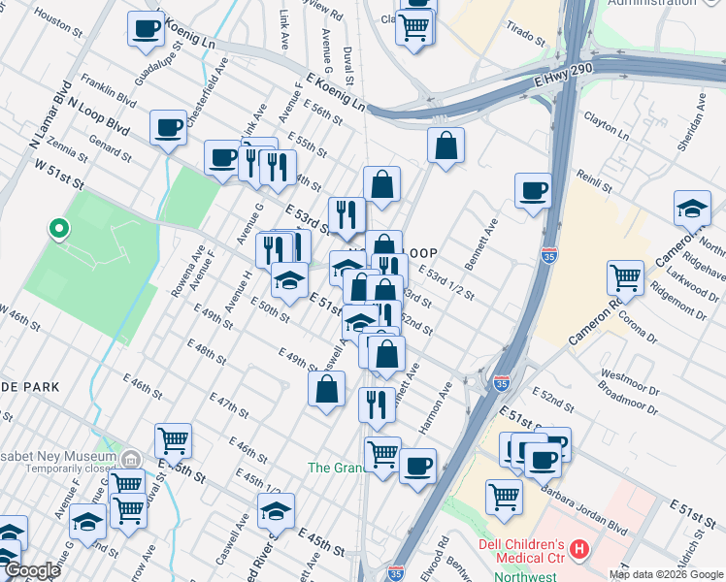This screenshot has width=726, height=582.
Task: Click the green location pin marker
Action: [58, 230]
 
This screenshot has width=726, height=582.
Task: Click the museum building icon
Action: [132, 457]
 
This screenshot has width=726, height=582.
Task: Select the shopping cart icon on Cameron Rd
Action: [625, 277]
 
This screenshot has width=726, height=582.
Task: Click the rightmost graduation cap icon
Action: [692, 209]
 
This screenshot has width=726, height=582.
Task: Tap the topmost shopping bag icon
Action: [445, 146]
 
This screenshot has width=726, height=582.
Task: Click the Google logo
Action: [32, 571]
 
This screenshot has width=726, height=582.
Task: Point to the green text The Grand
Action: [335, 468]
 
